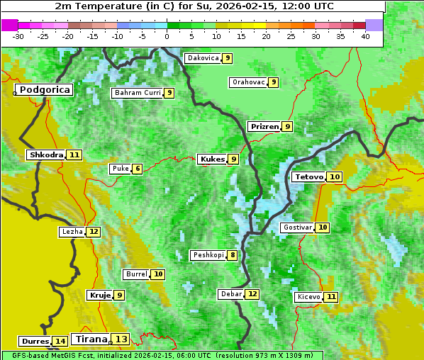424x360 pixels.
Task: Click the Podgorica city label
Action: tap(44, 90)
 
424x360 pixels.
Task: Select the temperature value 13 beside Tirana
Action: tap(122, 339)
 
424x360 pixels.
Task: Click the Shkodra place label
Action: tap(46, 154)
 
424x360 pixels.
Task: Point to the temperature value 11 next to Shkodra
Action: tap(74, 154)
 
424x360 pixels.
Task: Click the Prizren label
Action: tap(264, 127)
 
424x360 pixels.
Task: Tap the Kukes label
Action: tap(212, 159)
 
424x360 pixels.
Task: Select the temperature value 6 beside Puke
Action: tap(138, 169)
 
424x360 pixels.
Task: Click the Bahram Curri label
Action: tap(138, 93)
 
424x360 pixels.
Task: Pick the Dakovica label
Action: tap(202, 58)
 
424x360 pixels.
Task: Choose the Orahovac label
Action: tap(248, 82)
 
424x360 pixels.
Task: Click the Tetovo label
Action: tap(309, 176)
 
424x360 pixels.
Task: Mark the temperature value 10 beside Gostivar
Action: tap(323, 227)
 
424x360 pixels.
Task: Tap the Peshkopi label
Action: tap(208, 255)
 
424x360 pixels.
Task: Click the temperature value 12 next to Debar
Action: tap(252, 294)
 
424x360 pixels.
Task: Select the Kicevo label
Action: tap(308, 297)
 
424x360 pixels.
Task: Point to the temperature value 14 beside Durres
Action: tap(60, 342)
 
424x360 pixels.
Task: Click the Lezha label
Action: tap(72, 232)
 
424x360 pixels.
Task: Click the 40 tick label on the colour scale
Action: tap(365, 36)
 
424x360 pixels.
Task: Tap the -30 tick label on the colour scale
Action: tap(18, 36)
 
